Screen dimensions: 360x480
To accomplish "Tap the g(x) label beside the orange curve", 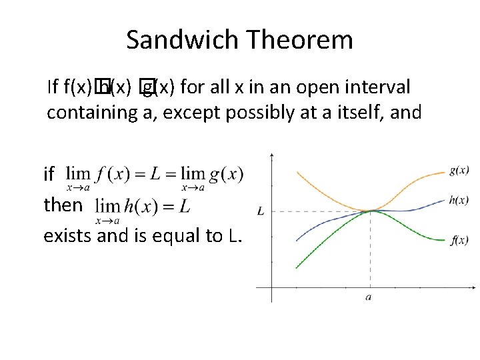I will [458, 171].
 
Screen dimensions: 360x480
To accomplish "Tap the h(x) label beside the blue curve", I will [458, 199].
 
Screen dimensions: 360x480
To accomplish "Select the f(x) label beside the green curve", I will [458, 240].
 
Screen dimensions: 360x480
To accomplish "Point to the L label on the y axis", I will [260, 211].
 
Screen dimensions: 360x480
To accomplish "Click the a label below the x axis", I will [369, 297].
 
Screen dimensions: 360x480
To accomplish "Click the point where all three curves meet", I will [369, 211].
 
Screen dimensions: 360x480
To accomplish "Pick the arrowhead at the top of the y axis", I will [271, 156].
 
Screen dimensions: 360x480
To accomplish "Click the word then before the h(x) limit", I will [62, 205].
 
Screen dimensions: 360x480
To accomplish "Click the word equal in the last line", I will [175, 237].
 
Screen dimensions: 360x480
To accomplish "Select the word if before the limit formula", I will [48, 175].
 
